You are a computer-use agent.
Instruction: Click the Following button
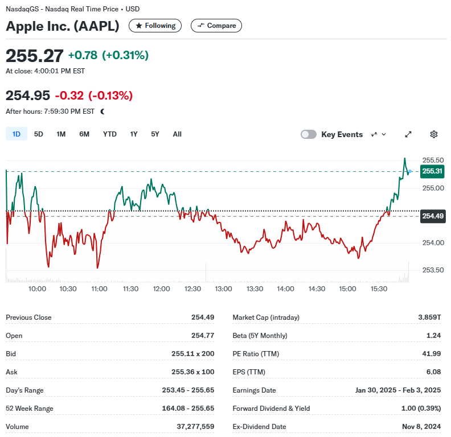click(x=155, y=26)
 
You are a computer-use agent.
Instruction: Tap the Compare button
click(x=216, y=26)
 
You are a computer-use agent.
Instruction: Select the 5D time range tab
click(x=39, y=134)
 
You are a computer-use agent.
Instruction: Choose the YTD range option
click(x=109, y=134)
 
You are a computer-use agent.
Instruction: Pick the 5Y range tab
click(x=155, y=134)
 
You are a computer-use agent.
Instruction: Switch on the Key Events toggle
click(x=309, y=134)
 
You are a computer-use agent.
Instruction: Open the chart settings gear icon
click(x=434, y=134)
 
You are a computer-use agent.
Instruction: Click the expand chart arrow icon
click(x=408, y=134)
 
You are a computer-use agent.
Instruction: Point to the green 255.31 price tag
click(x=432, y=171)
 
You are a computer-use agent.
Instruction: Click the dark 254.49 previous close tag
click(x=433, y=216)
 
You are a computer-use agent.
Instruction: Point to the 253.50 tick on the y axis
click(x=433, y=270)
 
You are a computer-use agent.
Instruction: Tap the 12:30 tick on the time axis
click(x=192, y=289)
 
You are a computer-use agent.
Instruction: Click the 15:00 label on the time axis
click(x=347, y=289)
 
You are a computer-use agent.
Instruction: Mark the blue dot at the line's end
click(x=410, y=171)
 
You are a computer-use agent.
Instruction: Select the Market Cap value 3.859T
click(x=429, y=317)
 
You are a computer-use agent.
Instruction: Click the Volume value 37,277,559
click(x=195, y=426)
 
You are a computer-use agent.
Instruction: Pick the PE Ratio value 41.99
click(x=432, y=353)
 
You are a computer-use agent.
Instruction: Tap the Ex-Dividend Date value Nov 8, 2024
click(x=421, y=426)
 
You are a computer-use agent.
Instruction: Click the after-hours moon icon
click(x=102, y=112)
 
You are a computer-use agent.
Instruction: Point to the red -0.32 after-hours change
click(x=69, y=96)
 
